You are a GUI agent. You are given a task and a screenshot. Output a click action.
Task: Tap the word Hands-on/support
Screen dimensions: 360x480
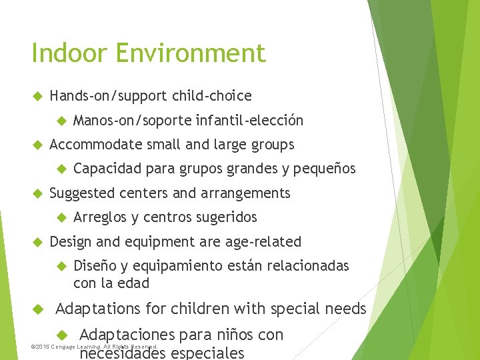[x=109, y=96]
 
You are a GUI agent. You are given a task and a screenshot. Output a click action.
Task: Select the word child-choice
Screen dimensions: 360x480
[x=212, y=96]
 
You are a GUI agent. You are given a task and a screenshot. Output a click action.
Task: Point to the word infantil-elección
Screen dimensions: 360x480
[x=250, y=121]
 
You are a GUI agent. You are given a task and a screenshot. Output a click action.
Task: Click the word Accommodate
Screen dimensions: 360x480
[x=95, y=145]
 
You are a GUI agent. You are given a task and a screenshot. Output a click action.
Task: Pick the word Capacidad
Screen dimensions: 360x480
[x=107, y=169]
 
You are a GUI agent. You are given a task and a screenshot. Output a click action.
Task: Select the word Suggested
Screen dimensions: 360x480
[x=82, y=193]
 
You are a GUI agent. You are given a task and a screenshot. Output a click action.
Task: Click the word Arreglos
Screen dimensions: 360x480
[x=100, y=217]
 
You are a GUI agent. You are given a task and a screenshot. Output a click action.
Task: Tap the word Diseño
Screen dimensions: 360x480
[x=94, y=266]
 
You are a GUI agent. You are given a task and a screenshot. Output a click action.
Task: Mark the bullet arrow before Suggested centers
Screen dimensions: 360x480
[x=37, y=193]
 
